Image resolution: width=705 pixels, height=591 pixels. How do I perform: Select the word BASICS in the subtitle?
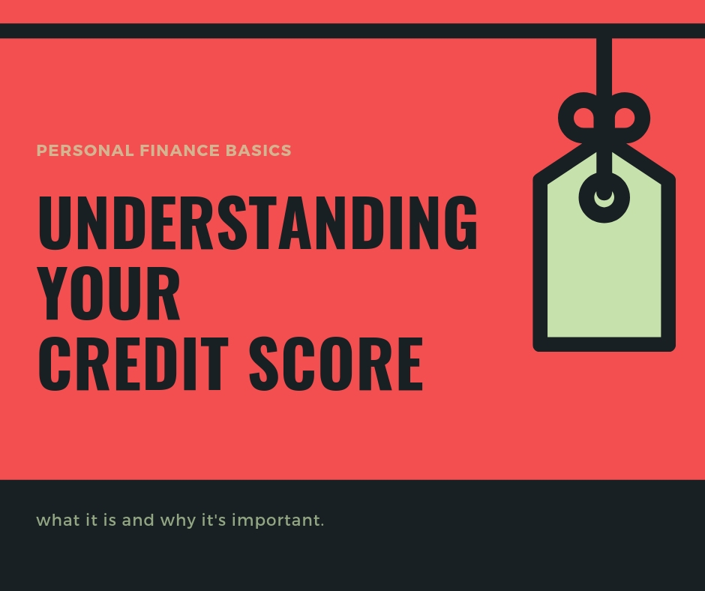259,150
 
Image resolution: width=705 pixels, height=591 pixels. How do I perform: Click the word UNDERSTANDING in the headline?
258,223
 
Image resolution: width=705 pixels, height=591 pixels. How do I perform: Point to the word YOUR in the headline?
109,292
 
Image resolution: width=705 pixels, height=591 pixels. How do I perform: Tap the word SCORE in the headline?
336,364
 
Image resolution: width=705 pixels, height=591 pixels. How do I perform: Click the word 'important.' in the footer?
277,520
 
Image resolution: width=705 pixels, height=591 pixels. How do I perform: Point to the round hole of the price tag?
604,198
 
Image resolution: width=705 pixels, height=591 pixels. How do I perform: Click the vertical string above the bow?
604,66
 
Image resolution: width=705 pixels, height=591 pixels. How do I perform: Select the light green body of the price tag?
604,279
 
